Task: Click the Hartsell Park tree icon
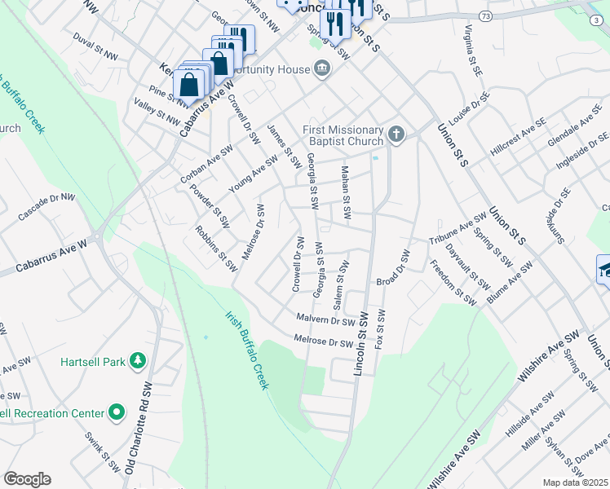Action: pos(139,359)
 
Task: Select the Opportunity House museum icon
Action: pos(322,69)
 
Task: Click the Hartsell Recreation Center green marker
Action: pos(116,413)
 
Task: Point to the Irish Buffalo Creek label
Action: pos(247,349)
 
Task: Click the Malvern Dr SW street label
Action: pos(325,320)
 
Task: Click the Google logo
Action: pos(27,479)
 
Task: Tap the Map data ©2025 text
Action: pos(576,482)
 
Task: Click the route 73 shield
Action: pos(485,15)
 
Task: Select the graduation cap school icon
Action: pos(603,270)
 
